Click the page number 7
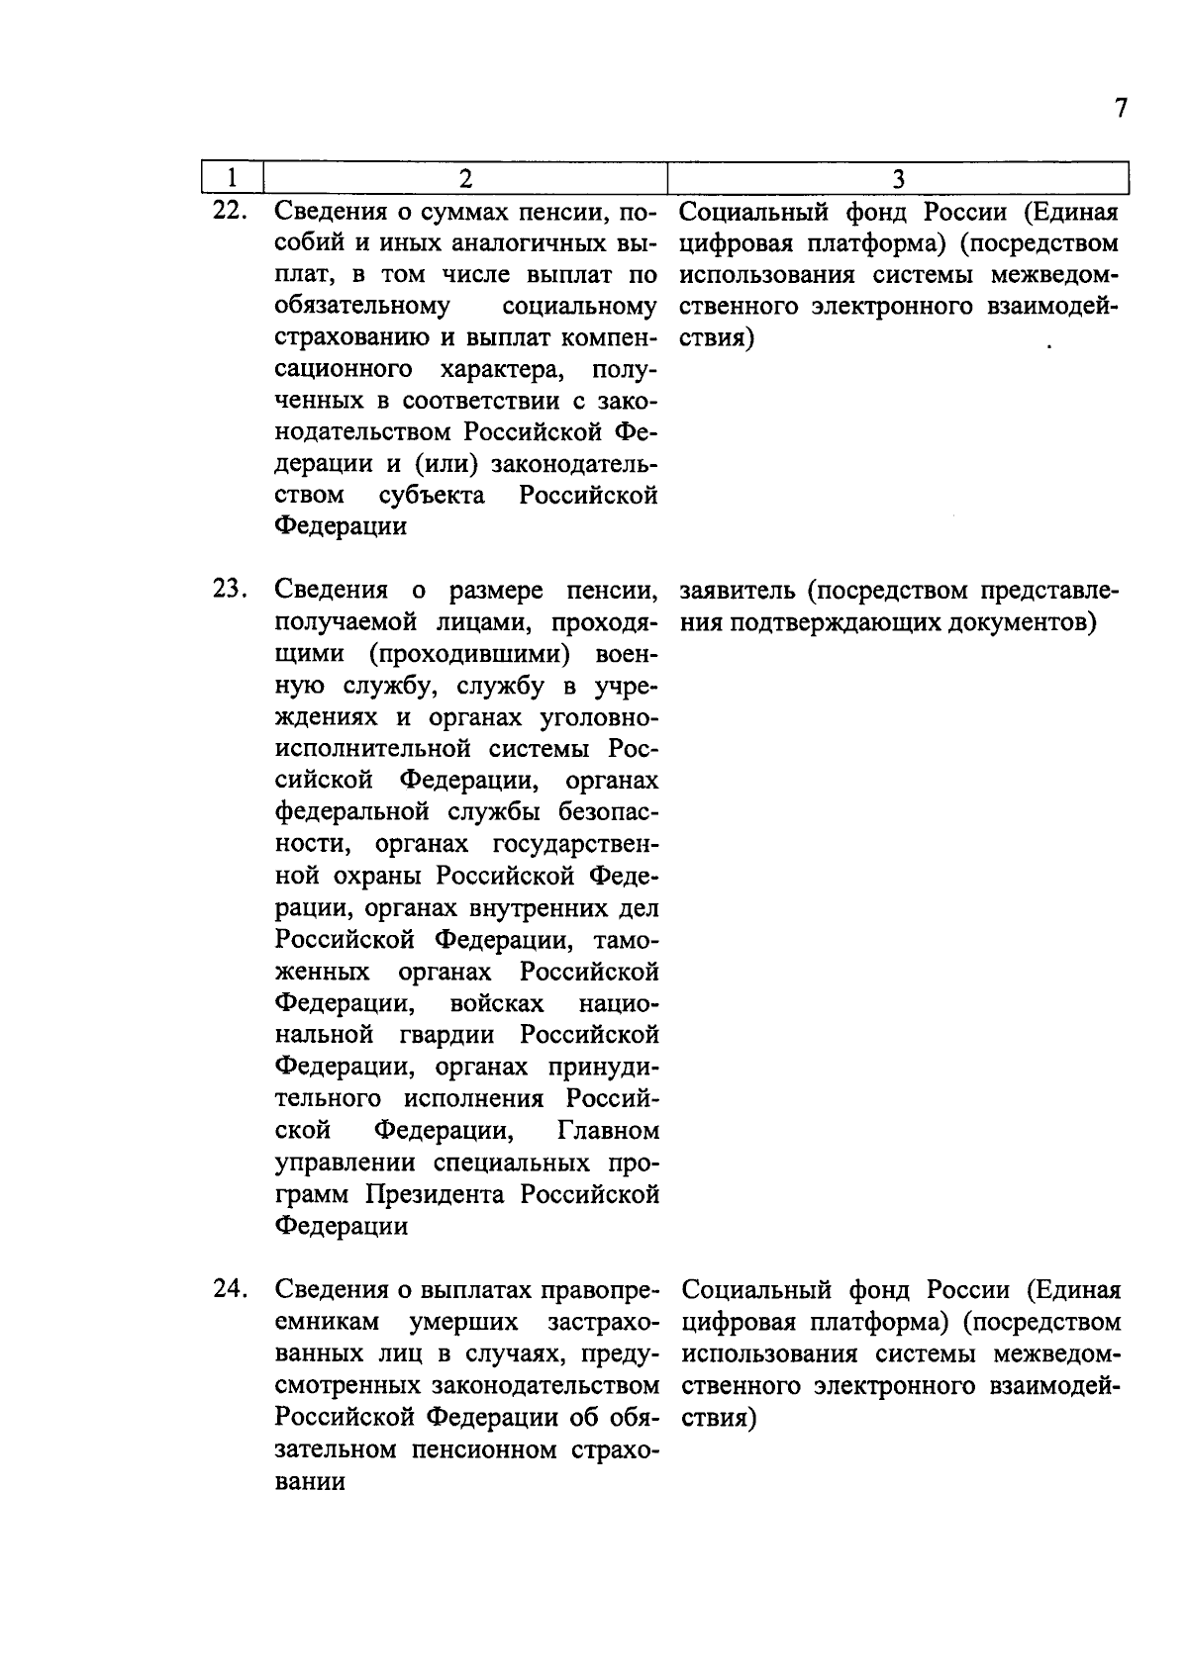point(1121,108)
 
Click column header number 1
point(232,178)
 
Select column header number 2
point(464,178)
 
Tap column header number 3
point(898,178)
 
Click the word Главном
point(608,1131)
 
